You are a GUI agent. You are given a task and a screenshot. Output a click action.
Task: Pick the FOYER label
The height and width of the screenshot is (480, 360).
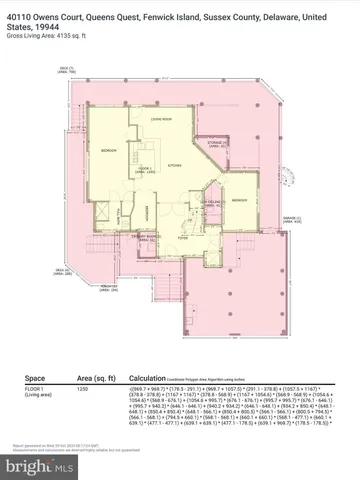pos(183,238)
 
